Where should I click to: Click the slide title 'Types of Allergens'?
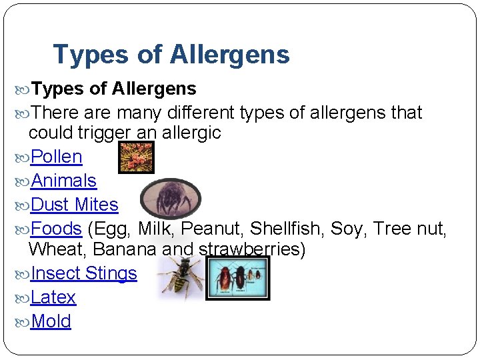171,55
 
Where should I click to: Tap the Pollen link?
57,157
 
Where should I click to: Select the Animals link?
64,181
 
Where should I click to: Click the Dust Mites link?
75,205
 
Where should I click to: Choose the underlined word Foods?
56,229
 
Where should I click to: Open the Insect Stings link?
84,273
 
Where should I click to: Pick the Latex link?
53,297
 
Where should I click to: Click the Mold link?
51,321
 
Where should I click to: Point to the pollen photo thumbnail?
136,158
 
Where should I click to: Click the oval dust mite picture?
170,198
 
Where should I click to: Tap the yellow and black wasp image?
180,277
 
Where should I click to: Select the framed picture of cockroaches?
238,278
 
